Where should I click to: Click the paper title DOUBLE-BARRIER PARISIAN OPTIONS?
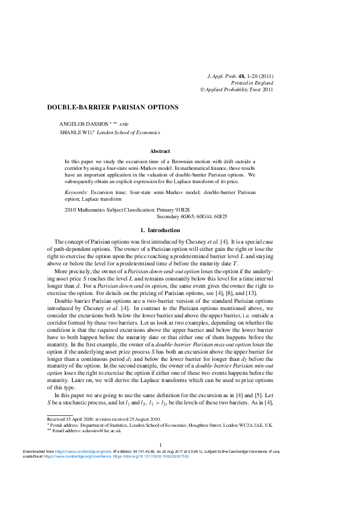(x=113, y=107)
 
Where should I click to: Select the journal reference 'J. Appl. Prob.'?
(x=223, y=76)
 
